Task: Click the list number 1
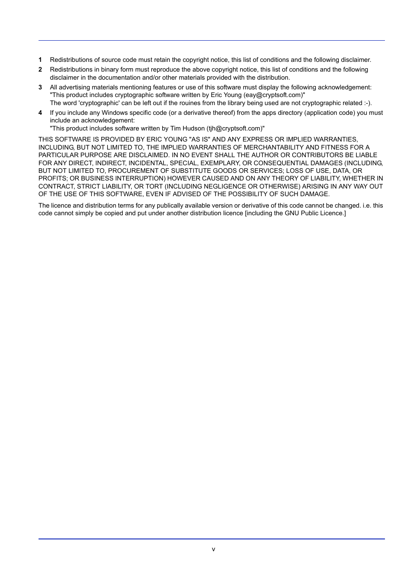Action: click(x=40, y=60)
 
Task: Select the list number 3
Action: click(x=40, y=87)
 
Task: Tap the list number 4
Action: click(x=40, y=113)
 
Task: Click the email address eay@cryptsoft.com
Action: click(x=273, y=95)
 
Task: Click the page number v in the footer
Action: click(x=213, y=550)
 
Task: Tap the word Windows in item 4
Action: click(x=116, y=113)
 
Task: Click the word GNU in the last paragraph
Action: click(x=292, y=213)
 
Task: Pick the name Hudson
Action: click(x=194, y=128)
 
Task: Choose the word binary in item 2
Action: click(x=110, y=69)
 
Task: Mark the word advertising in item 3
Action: click(x=75, y=87)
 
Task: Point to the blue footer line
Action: click(x=212, y=539)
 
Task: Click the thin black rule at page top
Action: click(x=212, y=41)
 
